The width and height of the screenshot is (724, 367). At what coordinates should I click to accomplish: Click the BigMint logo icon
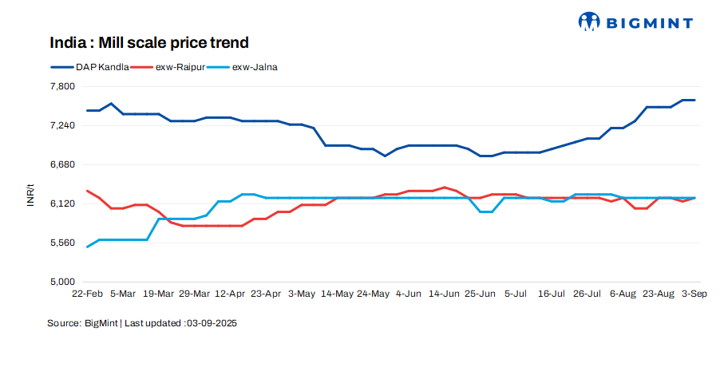click(589, 22)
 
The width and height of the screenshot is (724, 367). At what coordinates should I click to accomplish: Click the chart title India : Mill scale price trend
click(149, 42)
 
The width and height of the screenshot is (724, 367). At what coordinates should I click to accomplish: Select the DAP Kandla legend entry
click(89, 67)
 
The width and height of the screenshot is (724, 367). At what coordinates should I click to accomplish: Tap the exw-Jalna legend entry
click(243, 67)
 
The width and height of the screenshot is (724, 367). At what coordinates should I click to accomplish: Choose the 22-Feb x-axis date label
click(87, 294)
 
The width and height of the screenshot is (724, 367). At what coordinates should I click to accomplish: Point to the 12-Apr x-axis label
click(230, 294)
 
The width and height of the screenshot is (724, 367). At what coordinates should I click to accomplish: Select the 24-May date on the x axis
click(373, 294)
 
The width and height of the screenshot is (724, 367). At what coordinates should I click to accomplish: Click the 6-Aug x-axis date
click(623, 294)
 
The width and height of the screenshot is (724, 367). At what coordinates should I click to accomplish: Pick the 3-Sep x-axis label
click(693, 294)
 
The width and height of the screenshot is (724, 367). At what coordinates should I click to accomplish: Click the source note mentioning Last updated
click(143, 323)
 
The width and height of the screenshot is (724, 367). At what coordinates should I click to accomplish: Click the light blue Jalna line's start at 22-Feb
click(87, 247)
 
